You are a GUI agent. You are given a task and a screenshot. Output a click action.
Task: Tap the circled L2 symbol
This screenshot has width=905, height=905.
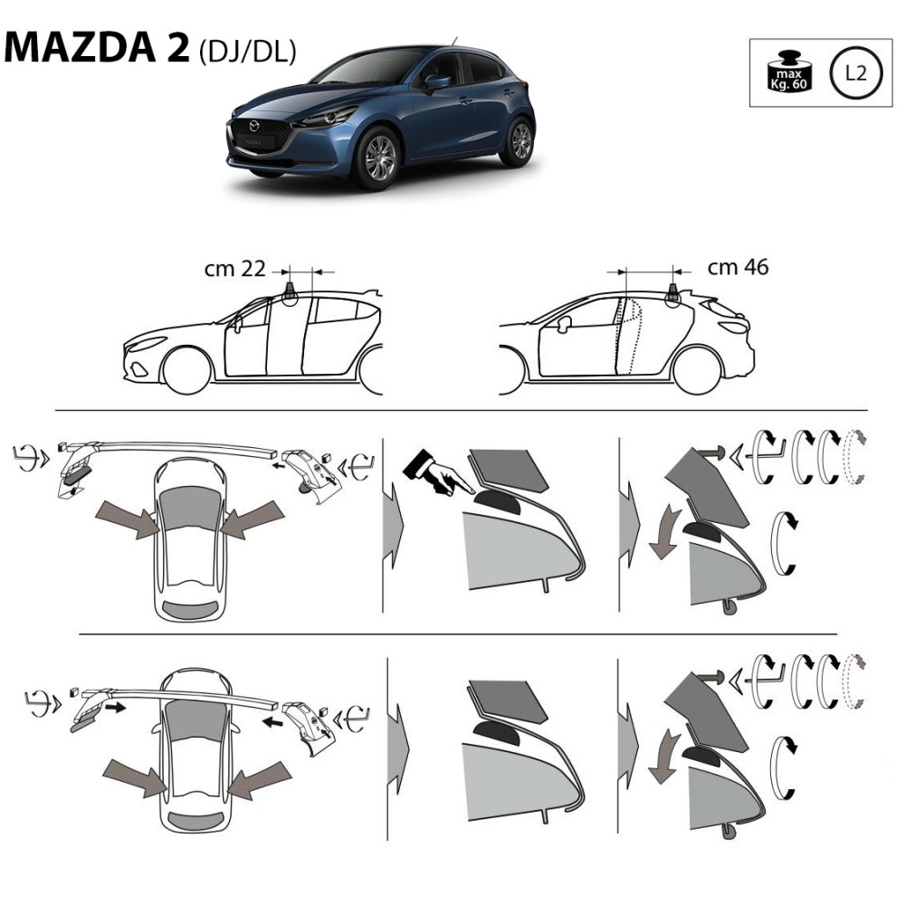pos(856,72)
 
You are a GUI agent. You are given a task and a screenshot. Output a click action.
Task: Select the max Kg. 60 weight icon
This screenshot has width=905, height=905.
pos(789,71)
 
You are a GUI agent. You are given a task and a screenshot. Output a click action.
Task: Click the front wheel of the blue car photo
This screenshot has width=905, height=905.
pos(379,158)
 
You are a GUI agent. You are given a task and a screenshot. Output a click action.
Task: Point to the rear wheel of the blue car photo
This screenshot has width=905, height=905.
pos(519,141)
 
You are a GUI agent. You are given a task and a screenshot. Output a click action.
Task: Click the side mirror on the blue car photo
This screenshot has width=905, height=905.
pos(436,81)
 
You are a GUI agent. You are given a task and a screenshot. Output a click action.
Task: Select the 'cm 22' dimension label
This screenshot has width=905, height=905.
pos(234,269)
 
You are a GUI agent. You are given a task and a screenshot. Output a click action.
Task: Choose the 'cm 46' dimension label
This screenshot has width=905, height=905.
pos(738,267)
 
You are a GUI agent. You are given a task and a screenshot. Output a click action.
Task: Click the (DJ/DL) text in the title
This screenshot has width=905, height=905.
pos(248,52)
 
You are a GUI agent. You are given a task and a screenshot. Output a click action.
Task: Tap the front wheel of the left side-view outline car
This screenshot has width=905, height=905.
pos(187,371)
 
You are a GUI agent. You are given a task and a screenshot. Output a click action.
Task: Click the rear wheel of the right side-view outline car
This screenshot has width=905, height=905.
pos(697,370)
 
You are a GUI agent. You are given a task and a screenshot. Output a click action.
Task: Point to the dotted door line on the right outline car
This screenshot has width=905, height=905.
pos(630,335)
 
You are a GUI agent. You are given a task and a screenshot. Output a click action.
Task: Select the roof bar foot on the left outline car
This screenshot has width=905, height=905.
pos(291,294)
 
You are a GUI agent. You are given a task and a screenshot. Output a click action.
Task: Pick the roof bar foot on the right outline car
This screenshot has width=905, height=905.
pos(673,293)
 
